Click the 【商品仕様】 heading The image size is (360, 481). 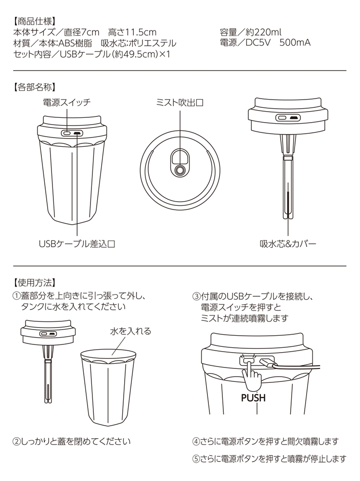click(x=35, y=22)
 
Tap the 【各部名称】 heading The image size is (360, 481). click(x=35, y=88)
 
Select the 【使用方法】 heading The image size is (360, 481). click(x=35, y=282)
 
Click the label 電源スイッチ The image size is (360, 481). click(x=67, y=102)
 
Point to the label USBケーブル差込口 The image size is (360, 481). click(x=77, y=244)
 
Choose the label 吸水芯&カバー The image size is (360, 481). click(x=288, y=244)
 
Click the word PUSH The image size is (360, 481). click(x=253, y=398)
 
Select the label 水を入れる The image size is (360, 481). click(x=131, y=331)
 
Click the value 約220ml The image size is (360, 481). click(x=264, y=32)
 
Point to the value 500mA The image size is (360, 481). click(x=295, y=42)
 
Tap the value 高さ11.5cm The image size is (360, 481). click(x=132, y=32)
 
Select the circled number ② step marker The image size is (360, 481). click(x=16, y=442)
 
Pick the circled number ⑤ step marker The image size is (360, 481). click(x=196, y=459)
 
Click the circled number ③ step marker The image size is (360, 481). click(x=196, y=296)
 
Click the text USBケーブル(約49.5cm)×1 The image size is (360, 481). click(x=115, y=54)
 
